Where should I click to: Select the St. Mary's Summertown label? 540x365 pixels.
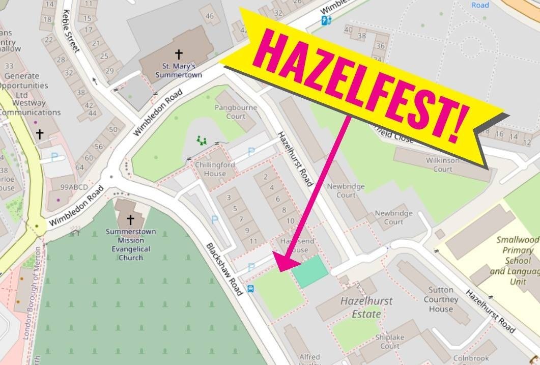coord(182,70)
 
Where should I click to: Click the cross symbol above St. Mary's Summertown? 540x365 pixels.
coord(179,53)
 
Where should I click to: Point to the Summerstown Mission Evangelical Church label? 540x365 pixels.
coord(131,244)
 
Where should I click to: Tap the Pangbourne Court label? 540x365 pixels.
coord(236,111)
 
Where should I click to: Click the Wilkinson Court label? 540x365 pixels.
coord(443,164)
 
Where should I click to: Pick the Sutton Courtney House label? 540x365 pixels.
coord(440,299)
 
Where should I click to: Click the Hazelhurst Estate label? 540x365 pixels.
coord(366,307)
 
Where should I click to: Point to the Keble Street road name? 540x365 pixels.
coord(71,31)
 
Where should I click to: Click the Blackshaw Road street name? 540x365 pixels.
coord(224,269)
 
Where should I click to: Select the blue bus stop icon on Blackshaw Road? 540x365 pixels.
coord(250,289)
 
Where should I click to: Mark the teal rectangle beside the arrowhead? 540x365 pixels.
coord(310,271)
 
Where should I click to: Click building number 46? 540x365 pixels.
coord(209,16)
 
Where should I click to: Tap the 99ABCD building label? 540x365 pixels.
coord(74,187)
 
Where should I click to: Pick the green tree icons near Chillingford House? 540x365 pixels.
coord(203,140)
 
